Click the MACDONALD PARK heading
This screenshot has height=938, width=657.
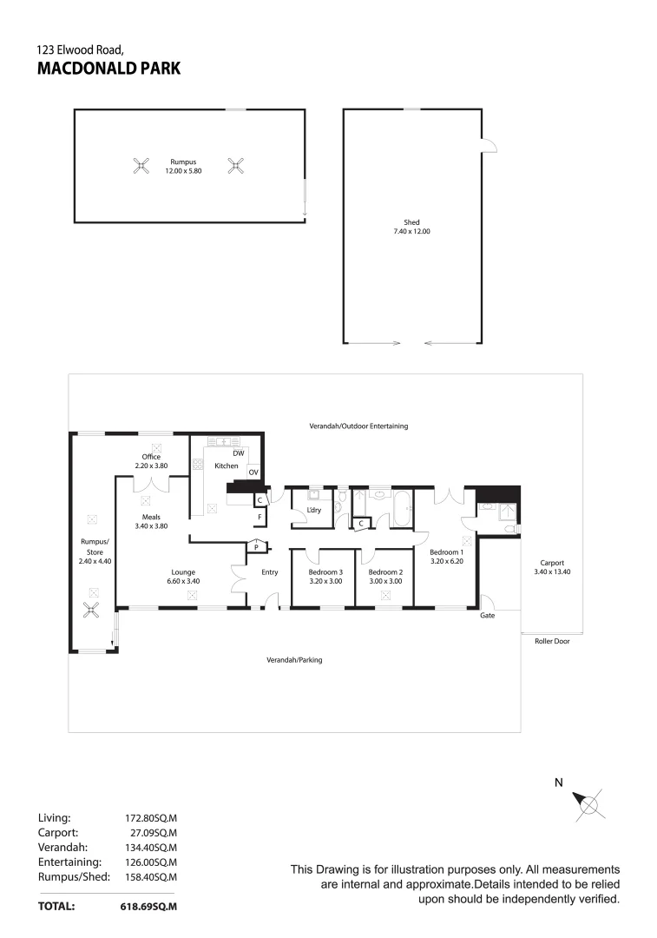point(109,69)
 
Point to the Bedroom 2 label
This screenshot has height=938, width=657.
point(385,572)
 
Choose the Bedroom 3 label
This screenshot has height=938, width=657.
point(325,572)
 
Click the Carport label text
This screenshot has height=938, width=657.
point(551,563)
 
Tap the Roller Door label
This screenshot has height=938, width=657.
point(551,643)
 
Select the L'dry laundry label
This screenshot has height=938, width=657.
point(314,511)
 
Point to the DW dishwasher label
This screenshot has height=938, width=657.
point(238,453)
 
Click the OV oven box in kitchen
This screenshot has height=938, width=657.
point(253,472)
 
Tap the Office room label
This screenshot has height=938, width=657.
point(152,457)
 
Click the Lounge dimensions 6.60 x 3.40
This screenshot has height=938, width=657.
point(182,581)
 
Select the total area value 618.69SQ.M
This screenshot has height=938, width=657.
point(148,906)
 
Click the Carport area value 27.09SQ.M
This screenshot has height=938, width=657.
point(152,832)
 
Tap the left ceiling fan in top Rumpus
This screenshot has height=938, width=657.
point(141,165)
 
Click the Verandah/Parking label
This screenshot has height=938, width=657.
point(294,660)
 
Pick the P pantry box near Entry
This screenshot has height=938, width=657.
point(256,547)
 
